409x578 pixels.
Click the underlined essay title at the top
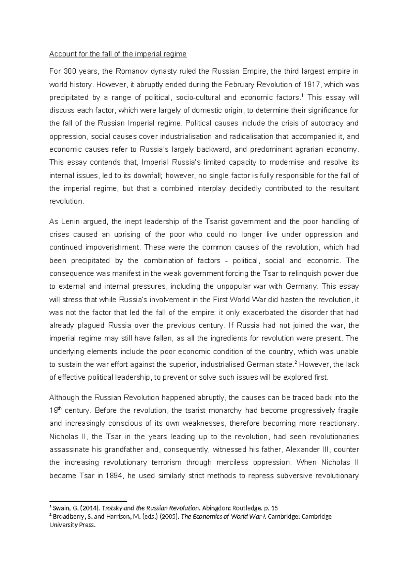click(118, 54)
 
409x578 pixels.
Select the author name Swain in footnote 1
click(60, 507)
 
